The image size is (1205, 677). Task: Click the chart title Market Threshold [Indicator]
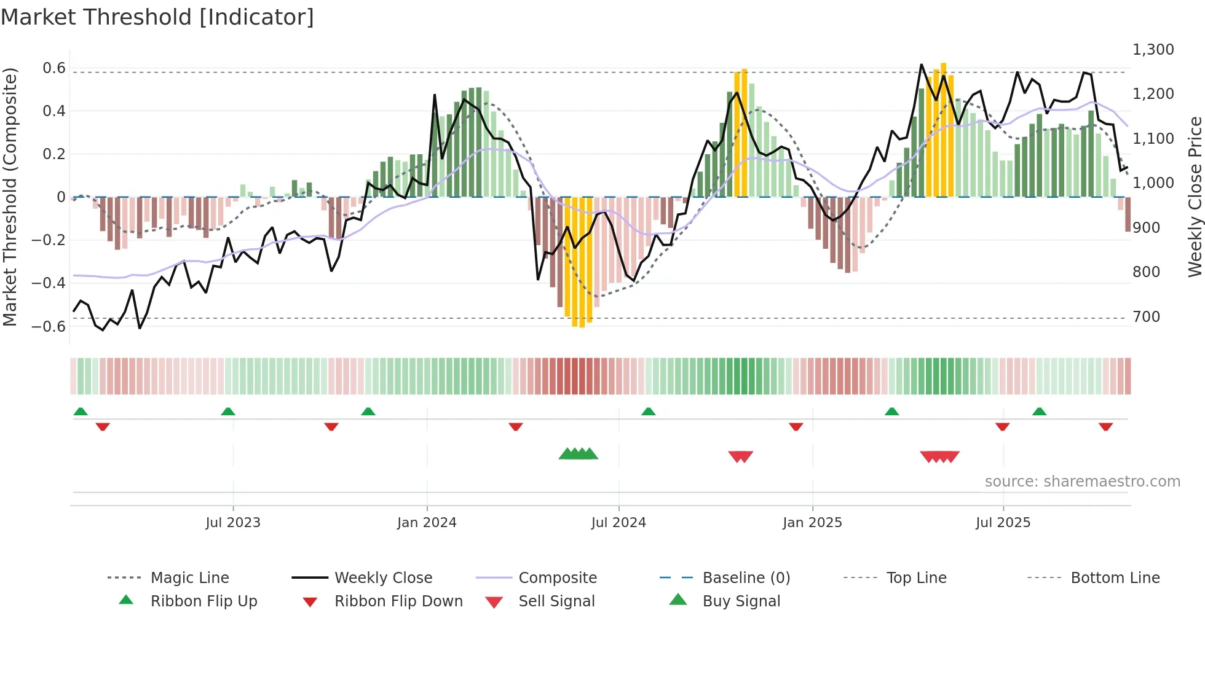tap(157, 17)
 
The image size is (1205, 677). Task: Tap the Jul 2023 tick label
tap(233, 523)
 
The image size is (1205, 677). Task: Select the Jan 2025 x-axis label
tap(812, 523)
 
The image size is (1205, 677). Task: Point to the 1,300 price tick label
tap(1153, 50)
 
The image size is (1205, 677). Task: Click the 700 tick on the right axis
tap(1146, 317)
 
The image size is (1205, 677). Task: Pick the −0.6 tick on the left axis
tap(48, 326)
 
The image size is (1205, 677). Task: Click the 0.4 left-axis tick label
tap(53, 111)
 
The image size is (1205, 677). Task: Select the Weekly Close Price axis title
tap(1195, 197)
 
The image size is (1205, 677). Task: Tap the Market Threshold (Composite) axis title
tap(10, 197)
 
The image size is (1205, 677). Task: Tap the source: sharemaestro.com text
tap(1082, 482)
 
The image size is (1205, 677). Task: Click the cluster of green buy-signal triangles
tap(578, 454)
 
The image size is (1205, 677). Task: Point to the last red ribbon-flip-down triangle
tap(1105, 426)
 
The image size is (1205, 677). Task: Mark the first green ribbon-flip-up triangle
tap(81, 412)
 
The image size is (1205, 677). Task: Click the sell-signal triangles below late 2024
tap(740, 456)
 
